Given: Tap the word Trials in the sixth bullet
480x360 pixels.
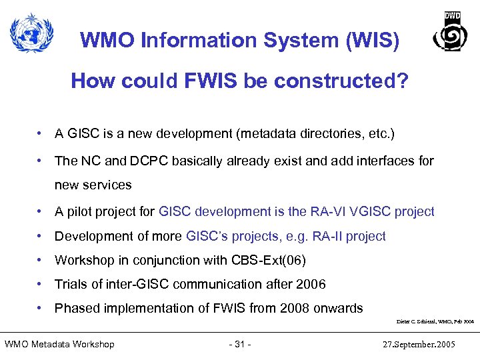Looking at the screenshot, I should pyautogui.click(x=71, y=284).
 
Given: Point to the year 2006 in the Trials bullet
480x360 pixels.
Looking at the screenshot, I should pyautogui.click(x=311, y=284).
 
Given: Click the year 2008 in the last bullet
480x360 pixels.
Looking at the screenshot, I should pyautogui.click(x=299, y=308).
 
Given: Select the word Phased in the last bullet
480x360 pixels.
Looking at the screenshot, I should pyautogui.click(x=77, y=308).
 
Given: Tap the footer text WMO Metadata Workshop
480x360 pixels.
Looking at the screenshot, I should pyautogui.click(x=60, y=344).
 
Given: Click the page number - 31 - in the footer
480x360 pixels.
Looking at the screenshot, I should pyautogui.click(x=239, y=344).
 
